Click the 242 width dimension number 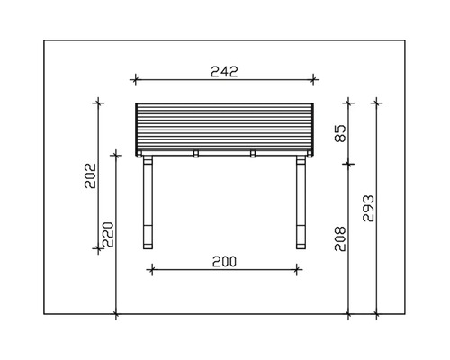[223, 73]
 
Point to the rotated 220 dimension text [109, 232]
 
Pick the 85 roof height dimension [340, 134]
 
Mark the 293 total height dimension [367, 208]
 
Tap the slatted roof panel [225, 126]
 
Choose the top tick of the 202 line [97, 103]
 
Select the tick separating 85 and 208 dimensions [350, 165]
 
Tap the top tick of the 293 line [376, 103]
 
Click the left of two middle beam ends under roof [195, 154]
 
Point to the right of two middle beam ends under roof [253, 154]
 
